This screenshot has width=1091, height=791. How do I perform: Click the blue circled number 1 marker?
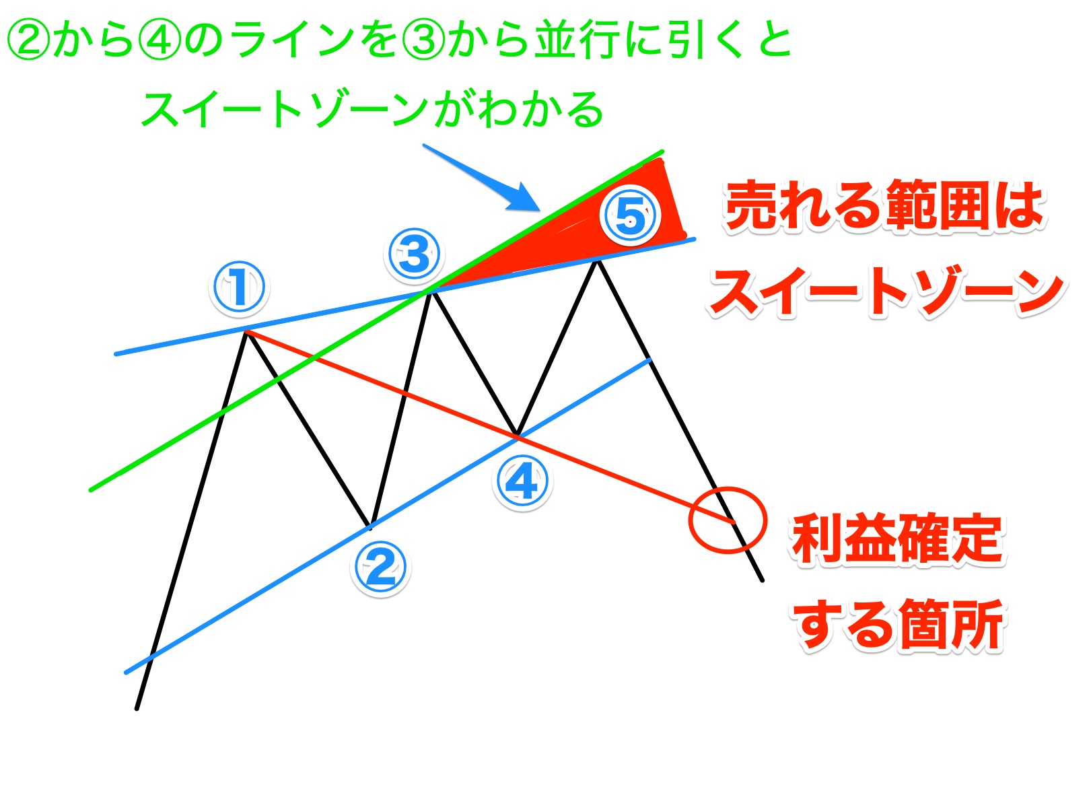[239, 287]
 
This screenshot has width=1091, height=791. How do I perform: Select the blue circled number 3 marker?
[415, 254]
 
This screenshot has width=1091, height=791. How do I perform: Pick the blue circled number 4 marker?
[522, 482]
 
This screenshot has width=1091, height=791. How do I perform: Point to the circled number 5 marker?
[631, 215]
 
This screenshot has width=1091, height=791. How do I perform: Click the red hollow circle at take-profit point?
[728, 520]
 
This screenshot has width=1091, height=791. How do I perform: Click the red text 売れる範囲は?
[884, 206]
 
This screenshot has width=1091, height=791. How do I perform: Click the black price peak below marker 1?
[247, 331]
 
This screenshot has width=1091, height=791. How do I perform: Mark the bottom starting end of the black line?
[137, 708]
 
